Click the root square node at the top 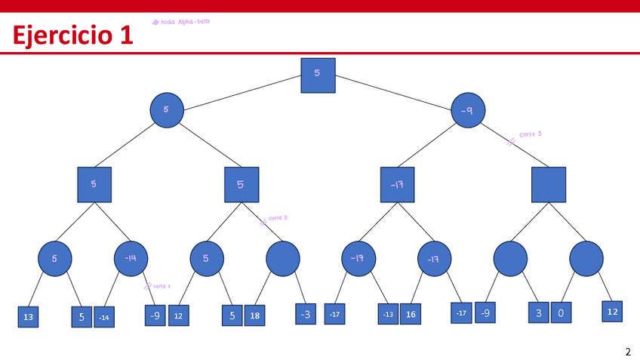[x=318, y=75]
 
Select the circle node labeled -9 [x=468, y=110]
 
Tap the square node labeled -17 [x=397, y=185]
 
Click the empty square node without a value [x=548, y=185]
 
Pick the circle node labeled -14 [x=131, y=258]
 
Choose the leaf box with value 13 [x=28, y=317]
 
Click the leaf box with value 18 [x=254, y=315]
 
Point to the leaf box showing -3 [x=305, y=314]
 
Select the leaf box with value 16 [x=410, y=314]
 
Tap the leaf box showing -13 [x=388, y=314]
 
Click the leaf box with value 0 [x=561, y=312]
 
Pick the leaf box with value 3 [x=538, y=312]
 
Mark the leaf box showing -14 [x=104, y=317]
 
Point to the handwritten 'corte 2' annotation [x=277, y=218]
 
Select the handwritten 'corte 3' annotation [x=530, y=134]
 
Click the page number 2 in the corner [x=627, y=351]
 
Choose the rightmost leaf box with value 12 [x=612, y=311]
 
